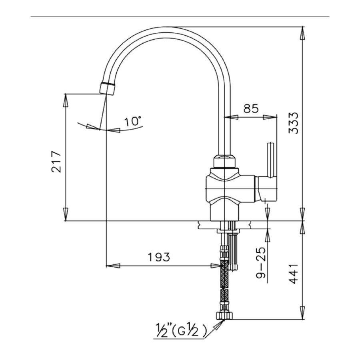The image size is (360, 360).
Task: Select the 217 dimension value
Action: [x=56, y=161]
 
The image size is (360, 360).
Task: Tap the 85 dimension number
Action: [x=251, y=108]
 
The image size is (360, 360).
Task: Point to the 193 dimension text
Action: [x=158, y=257]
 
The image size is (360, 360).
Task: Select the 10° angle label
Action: [x=133, y=121]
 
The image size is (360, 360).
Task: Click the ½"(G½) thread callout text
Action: [x=180, y=330]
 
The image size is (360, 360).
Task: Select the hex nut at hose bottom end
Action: [x=224, y=315]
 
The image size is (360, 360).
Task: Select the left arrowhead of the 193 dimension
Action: [x=113, y=265]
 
